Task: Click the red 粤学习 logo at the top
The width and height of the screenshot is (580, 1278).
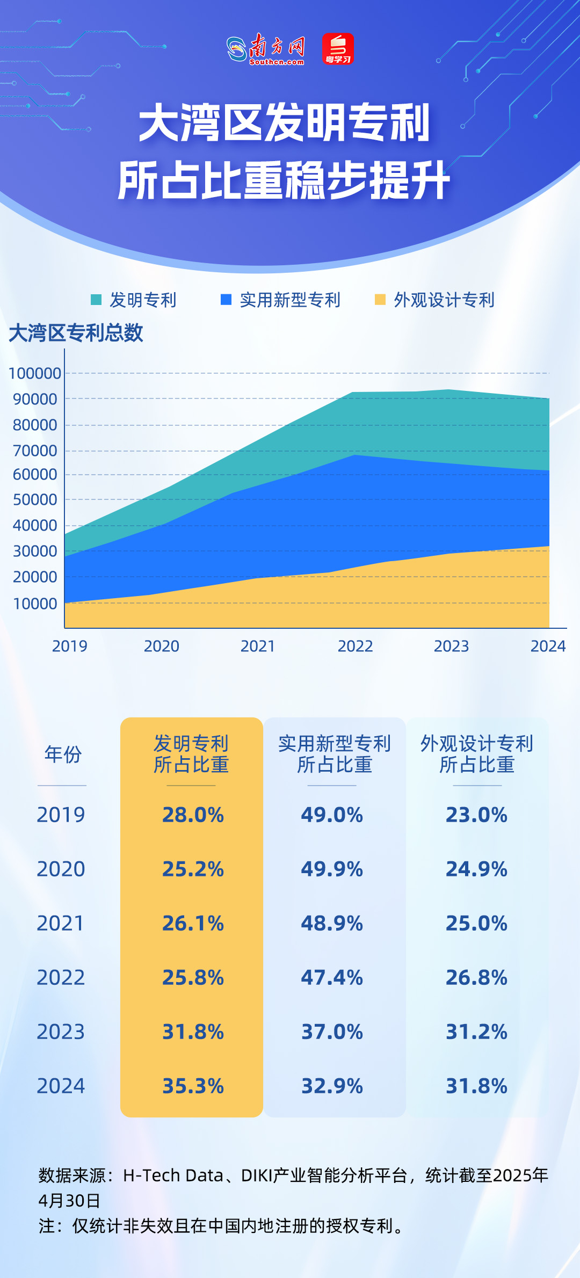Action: tap(338, 49)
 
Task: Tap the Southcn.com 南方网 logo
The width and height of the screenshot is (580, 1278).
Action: tap(266, 49)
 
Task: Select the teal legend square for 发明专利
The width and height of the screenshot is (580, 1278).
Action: tap(96, 300)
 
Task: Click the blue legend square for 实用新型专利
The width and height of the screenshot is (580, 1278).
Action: tap(226, 300)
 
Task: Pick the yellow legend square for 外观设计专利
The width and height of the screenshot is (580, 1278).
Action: tap(380, 300)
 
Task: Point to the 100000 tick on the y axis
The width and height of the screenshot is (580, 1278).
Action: tap(35, 373)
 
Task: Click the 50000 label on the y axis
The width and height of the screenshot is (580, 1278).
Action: tap(35, 499)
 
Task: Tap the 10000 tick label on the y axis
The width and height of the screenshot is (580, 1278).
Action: tap(35, 604)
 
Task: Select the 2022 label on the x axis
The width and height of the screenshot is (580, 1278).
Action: tap(355, 646)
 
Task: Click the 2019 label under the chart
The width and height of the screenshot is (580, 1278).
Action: tap(70, 646)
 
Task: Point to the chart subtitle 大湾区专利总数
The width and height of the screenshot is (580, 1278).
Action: tap(76, 333)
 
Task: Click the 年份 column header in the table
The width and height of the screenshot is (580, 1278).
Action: tap(63, 754)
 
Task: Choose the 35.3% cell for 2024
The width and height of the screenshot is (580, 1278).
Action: tap(193, 1086)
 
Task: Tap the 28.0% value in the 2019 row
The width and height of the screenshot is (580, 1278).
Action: tap(193, 815)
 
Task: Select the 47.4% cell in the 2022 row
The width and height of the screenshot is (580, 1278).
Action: tap(332, 977)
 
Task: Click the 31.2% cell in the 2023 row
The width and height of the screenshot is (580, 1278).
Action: tap(476, 1032)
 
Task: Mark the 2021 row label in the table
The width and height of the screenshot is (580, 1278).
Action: tap(61, 923)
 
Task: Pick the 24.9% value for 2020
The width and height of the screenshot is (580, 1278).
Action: tap(476, 869)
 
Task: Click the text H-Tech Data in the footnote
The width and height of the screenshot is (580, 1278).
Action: tap(173, 1175)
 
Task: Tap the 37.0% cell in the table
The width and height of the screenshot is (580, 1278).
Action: tap(332, 1032)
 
